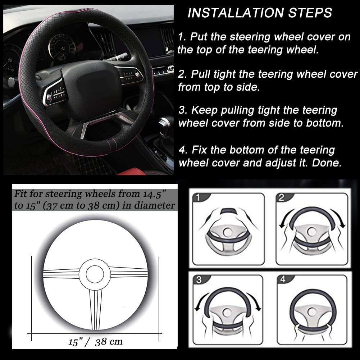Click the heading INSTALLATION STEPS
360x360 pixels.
260,13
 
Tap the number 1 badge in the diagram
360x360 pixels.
197,198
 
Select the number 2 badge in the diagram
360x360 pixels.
281,197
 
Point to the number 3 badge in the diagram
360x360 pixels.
199,280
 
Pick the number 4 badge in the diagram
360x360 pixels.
283,280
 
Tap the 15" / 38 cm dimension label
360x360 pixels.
95,342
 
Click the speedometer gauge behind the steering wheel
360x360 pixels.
62,47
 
